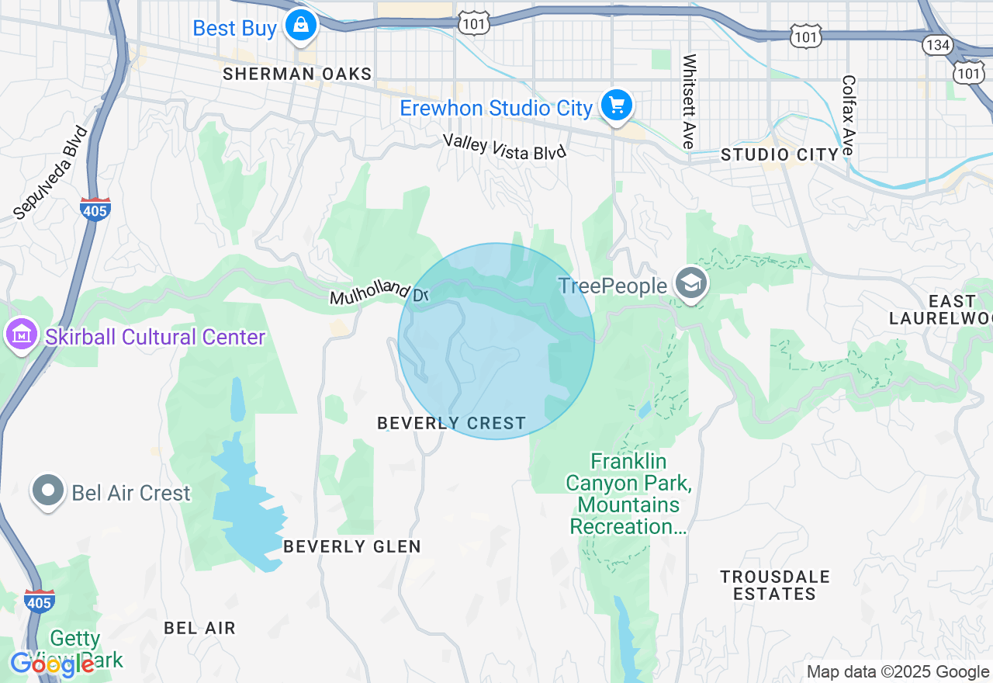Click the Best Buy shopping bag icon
pyautogui.click(x=300, y=25)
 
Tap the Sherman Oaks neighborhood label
pyautogui.click(x=297, y=75)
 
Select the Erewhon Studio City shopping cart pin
pyautogui.click(x=617, y=105)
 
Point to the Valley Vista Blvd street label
pyautogui.click(x=504, y=146)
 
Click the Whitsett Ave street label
pyautogui.click(x=688, y=101)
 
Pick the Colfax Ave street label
pyautogui.click(x=848, y=115)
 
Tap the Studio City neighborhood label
pyautogui.click(x=780, y=154)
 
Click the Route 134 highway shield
pyautogui.click(x=937, y=45)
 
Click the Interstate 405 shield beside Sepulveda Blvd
pyautogui.click(x=95, y=209)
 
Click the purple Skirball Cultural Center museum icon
pyautogui.click(x=21, y=335)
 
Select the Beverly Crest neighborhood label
pyautogui.click(x=451, y=424)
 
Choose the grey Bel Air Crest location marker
pyautogui.click(x=48, y=491)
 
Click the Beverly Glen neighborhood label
pyautogui.click(x=351, y=546)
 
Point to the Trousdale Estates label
pyautogui.click(x=774, y=585)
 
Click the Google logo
pyautogui.click(x=53, y=664)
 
